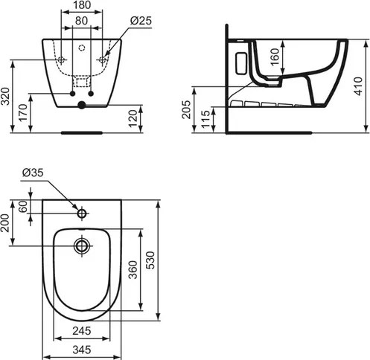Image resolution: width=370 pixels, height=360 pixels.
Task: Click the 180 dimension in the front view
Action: [x=82, y=7]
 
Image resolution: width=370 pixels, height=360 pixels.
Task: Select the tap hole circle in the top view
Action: [x=82, y=213]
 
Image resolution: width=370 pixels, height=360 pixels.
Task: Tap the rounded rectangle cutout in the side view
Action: [x=240, y=61]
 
